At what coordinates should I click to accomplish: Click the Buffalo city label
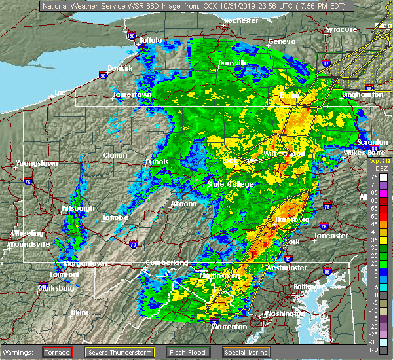pos(149,41)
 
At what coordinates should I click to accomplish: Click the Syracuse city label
pos(341,29)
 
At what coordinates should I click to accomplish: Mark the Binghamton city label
pos(362,95)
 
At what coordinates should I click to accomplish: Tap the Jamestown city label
pos(132,94)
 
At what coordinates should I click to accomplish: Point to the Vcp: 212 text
pos(379,160)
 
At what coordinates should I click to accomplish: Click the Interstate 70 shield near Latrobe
pos(134,245)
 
